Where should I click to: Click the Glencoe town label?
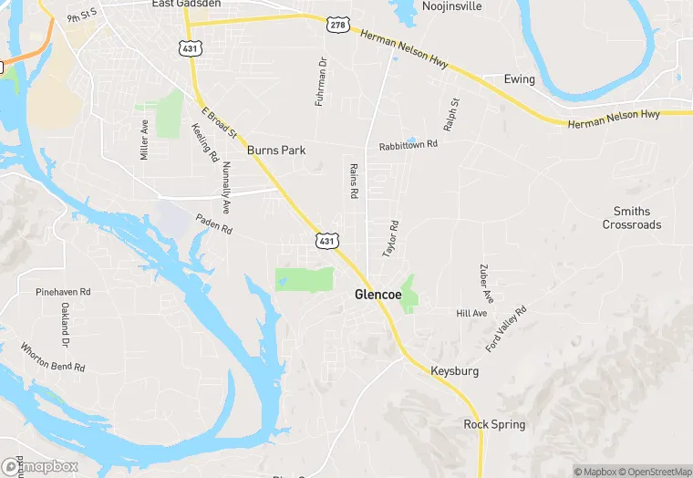coord(378,296)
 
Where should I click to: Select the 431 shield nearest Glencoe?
coord(327,240)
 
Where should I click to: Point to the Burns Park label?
coord(275,150)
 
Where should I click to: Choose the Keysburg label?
coord(453,371)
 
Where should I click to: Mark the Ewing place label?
coord(519,79)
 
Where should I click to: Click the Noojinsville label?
coord(451,6)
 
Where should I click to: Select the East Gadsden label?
coord(186,4)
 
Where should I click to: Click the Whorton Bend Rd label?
coord(53,356)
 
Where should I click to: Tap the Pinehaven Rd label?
coord(64,292)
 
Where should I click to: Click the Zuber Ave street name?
coord(485,284)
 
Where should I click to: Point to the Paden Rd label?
coord(214,223)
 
